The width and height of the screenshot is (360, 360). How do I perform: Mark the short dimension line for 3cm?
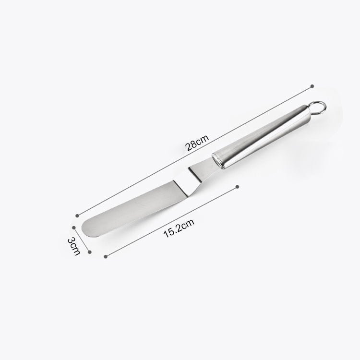click(x=82, y=238)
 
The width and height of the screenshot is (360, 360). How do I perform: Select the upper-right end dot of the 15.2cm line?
click(x=238, y=186)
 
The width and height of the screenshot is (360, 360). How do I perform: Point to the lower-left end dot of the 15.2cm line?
click(x=105, y=255)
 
